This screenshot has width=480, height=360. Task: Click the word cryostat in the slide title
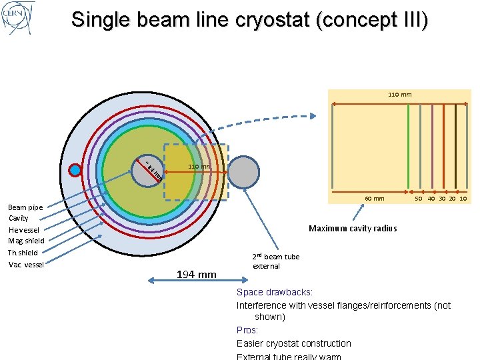click(276, 19)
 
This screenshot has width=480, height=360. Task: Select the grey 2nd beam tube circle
click(243, 172)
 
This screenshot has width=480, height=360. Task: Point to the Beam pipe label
click(25, 207)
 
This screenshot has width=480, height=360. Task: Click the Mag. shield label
click(27, 241)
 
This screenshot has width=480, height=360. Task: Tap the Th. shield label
click(23, 253)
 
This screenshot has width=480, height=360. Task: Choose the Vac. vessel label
click(26, 265)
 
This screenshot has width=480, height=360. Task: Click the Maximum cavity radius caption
click(353, 229)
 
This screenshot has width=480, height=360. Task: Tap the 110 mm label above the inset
click(400, 95)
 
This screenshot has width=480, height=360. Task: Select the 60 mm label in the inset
click(374, 198)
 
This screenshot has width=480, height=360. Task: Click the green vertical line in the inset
click(408, 147)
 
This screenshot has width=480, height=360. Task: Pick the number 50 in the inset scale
click(419, 198)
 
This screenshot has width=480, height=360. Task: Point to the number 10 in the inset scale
click(463, 198)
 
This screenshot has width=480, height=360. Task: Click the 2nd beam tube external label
click(276, 261)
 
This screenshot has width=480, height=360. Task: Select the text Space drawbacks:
click(275, 293)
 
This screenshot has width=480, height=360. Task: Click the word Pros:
click(248, 330)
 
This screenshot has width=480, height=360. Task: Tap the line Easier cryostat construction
click(294, 343)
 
